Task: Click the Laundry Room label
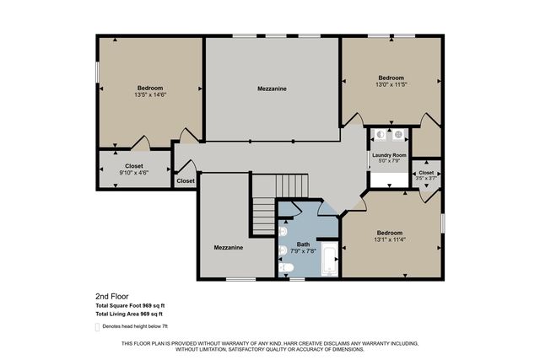(x=388, y=155)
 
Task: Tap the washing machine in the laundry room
(x=380, y=134)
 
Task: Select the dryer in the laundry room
(x=398, y=134)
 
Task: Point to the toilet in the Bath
(x=286, y=269)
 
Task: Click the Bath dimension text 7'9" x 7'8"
(x=304, y=250)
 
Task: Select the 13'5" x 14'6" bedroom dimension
(x=150, y=95)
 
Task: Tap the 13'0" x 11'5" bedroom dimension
(x=391, y=84)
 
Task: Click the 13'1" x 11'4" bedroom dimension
(x=390, y=239)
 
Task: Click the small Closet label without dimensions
(x=186, y=180)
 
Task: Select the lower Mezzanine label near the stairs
(x=228, y=248)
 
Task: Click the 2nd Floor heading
(x=112, y=297)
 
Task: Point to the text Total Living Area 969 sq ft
(x=130, y=314)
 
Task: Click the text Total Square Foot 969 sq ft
(x=130, y=305)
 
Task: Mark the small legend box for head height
(x=97, y=325)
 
